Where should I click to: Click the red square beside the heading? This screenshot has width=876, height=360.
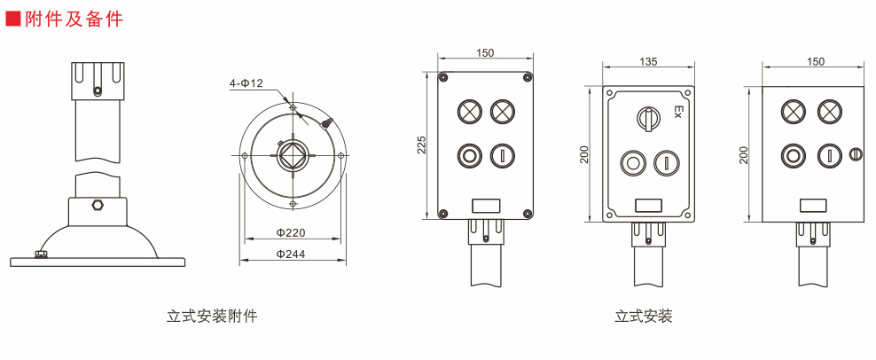pyautogui.click(x=12, y=19)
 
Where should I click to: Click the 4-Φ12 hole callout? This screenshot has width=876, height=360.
pyautogui.click(x=246, y=83)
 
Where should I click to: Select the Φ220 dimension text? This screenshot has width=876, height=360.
pyautogui.click(x=291, y=232)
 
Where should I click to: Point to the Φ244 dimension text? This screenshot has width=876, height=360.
pyautogui.click(x=291, y=254)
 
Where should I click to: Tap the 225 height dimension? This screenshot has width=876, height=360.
pyautogui.click(x=422, y=145)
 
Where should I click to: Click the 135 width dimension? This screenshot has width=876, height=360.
pyautogui.click(x=648, y=61)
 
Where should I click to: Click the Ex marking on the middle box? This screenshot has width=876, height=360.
pyautogui.click(x=679, y=112)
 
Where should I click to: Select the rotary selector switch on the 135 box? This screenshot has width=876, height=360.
pyautogui.click(x=648, y=117)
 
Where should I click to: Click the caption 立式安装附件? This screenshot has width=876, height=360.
pyautogui.click(x=212, y=317)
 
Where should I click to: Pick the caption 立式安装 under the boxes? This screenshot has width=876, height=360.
pyautogui.click(x=644, y=317)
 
